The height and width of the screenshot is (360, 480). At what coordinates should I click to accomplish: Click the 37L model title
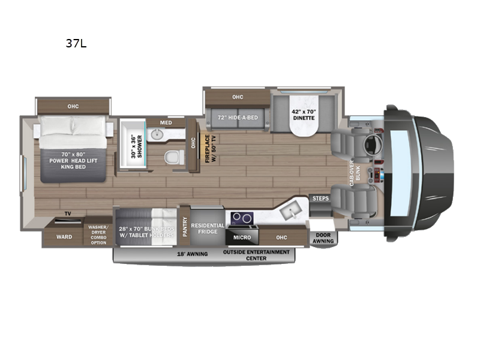[76, 43]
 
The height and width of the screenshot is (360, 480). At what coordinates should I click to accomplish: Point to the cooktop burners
[242, 218]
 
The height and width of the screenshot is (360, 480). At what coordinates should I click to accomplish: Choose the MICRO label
[242, 238]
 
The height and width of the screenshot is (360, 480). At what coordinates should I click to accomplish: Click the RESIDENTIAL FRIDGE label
[208, 229]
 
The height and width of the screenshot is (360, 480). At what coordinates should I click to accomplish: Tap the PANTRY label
[185, 227]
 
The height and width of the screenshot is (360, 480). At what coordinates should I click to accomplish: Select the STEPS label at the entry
[320, 199]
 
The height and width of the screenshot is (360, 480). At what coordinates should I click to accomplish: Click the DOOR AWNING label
[323, 238]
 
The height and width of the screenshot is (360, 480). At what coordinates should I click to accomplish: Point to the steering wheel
[373, 144]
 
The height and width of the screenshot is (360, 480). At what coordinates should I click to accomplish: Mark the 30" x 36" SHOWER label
[137, 146]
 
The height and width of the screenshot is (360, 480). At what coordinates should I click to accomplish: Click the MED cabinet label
[166, 123]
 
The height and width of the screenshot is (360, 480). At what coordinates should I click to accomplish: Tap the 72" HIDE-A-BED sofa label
[238, 118]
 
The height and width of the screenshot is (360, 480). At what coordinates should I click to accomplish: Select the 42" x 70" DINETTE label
[304, 115]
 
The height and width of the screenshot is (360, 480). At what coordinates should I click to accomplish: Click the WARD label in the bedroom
[64, 237]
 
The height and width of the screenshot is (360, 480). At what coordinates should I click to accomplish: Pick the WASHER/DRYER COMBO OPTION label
[98, 235]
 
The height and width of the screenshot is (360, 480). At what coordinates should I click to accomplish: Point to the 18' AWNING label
[192, 254]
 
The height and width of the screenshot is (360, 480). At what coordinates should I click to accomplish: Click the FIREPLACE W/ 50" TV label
[211, 148]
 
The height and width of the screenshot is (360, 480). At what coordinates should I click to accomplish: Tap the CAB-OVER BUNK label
[355, 173]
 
